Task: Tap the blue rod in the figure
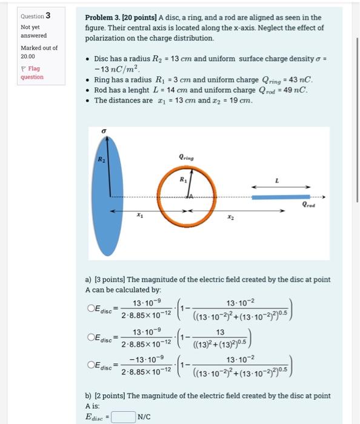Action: pyautogui.click(x=281, y=197)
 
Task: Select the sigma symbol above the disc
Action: pyautogui.click(x=104, y=130)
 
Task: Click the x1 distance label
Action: pyautogui.click(x=140, y=216)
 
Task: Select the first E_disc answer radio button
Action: pyautogui.click(x=90, y=308)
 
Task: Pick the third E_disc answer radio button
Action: pyautogui.click(x=90, y=365)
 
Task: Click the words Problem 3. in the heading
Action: pyautogui.click(x=101, y=18)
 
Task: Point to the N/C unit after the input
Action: pyautogui.click(x=144, y=417)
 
